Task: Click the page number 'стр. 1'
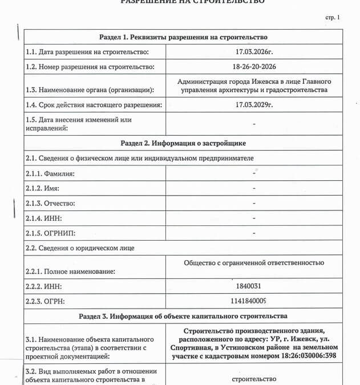pyautogui.click(x=332, y=18)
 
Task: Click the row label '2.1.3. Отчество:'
pyautogui.click(x=51, y=204)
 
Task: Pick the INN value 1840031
pyautogui.click(x=254, y=285)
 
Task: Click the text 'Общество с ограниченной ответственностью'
pyautogui.click(x=254, y=263)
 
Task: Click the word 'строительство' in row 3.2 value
pyautogui.click(x=254, y=379)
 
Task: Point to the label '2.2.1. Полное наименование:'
pyautogui.click(x=70, y=271)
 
